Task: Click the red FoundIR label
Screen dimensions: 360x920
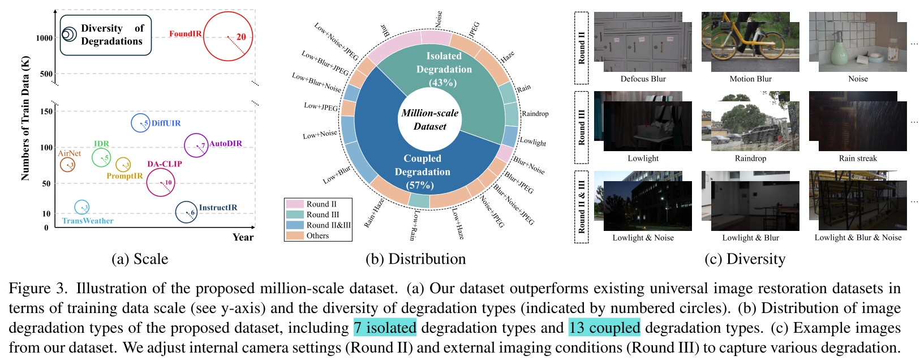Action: point(185,34)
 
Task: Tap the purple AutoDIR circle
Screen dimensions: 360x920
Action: point(196,145)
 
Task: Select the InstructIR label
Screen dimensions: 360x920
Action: point(218,208)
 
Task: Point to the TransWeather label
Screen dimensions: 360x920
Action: point(88,221)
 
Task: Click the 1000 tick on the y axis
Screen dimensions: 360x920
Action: point(44,38)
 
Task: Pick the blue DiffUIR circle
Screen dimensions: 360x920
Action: point(140,123)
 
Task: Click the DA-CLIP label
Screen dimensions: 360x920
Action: point(165,164)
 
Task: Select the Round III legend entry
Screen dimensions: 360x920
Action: point(322,215)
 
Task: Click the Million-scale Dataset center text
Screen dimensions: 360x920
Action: point(430,119)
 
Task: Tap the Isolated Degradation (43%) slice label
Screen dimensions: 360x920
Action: point(444,69)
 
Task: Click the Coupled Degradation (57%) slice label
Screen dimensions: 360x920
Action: point(422,172)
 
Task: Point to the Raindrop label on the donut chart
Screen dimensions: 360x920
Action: point(535,113)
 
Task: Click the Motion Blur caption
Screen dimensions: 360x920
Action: point(750,79)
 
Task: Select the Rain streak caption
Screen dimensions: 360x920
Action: point(858,158)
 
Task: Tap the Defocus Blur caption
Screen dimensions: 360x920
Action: point(643,79)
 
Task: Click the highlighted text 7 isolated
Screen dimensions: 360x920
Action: point(385,328)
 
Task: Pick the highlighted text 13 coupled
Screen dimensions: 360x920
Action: point(604,328)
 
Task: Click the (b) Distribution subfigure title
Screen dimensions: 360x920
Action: point(416,259)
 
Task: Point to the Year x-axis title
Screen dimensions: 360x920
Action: point(243,237)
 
